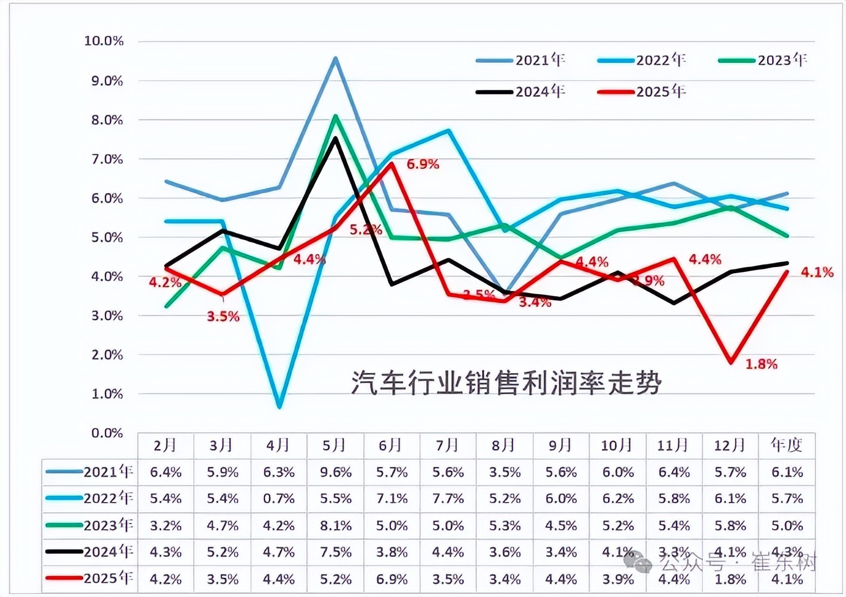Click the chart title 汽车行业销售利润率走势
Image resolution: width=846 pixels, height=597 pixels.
point(506,382)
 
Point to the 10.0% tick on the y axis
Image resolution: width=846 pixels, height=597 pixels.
point(104,41)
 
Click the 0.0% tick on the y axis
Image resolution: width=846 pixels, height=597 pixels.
point(107,433)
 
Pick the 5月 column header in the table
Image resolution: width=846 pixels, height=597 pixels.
point(335,445)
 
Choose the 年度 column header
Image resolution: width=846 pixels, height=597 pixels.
point(787,445)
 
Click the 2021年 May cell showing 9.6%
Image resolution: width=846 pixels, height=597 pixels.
point(335,472)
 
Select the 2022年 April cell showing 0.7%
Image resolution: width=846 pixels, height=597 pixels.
point(279,498)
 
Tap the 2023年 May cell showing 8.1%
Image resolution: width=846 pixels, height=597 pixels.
point(335,526)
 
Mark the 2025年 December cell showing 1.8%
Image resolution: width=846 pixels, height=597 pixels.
point(730,580)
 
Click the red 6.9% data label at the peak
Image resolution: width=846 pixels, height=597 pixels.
point(423,164)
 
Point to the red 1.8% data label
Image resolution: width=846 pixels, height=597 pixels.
point(762,364)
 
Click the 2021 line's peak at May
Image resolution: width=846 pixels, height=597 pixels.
point(335,58)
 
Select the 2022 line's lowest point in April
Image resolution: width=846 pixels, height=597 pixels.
point(279,406)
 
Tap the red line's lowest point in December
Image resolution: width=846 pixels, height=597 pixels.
point(731,362)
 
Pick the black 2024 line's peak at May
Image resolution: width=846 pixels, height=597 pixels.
point(335,138)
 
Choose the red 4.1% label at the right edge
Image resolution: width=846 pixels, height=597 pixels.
point(817,272)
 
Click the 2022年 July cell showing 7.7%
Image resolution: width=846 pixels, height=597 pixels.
point(448,498)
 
